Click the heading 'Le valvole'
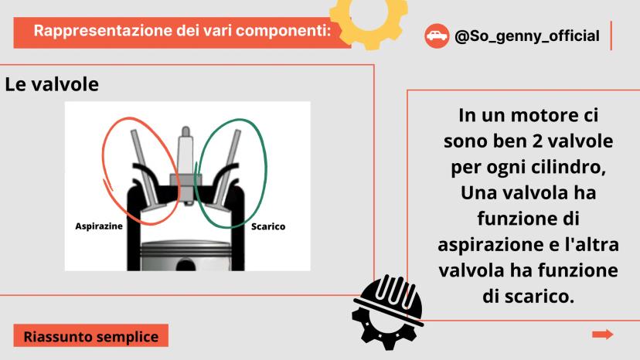click(52, 84)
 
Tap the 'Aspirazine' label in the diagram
click(99, 226)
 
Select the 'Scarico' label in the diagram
click(268, 226)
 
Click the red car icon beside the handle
click(437, 36)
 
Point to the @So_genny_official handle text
click(527, 36)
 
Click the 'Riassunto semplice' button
click(91, 336)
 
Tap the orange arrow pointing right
click(602, 335)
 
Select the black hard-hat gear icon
click(387, 313)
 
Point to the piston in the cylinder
click(186, 256)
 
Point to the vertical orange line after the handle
click(611, 36)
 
